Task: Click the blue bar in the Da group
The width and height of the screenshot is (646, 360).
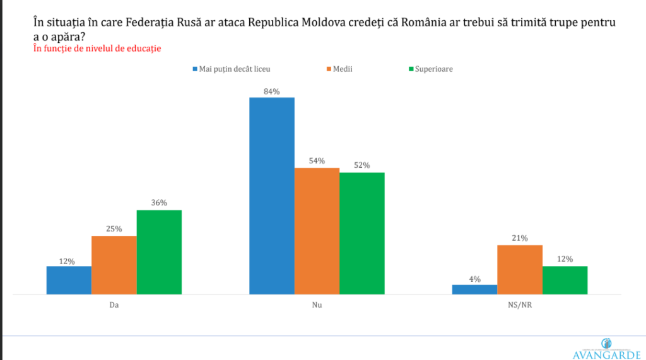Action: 69,280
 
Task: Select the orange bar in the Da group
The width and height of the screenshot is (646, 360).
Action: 114,265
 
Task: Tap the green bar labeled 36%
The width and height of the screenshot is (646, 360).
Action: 159,252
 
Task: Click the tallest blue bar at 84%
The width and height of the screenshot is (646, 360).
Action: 272,195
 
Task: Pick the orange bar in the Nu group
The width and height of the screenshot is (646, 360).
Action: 317,231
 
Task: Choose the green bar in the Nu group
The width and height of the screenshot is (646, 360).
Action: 361,233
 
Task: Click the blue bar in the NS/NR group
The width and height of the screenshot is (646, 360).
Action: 474,289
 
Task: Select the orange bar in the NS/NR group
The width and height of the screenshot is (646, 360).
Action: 520,269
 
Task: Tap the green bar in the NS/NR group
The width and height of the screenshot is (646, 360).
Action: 565,280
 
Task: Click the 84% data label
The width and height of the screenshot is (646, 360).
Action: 272,91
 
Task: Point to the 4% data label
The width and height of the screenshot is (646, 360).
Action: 474,279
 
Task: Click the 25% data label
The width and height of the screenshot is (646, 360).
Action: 114,229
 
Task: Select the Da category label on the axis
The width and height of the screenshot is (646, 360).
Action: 114,304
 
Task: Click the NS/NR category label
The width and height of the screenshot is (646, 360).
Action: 520,304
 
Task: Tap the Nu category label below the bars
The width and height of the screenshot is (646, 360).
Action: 317,304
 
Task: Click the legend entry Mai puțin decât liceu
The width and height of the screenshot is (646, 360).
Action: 234,69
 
